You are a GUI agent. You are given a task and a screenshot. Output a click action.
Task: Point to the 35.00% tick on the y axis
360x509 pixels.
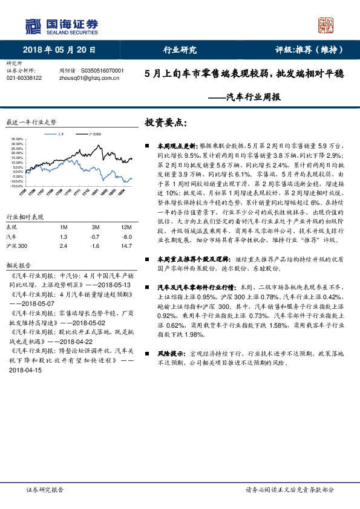(x=17, y=139)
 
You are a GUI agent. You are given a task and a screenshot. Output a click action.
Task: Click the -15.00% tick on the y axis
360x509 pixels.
(x=17, y=186)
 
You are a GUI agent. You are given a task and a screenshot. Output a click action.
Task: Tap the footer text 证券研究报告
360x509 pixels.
(x=45, y=490)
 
